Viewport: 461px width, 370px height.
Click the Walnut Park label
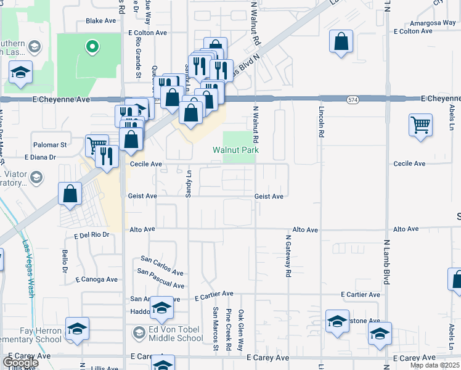[235, 150]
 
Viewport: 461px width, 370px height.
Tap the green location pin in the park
[92, 45]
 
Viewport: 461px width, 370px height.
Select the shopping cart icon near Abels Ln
[420, 125]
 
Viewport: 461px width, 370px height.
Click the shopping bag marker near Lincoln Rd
[341, 42]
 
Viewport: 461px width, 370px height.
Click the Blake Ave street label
[101, 20]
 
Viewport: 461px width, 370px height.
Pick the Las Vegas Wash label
[27, 268]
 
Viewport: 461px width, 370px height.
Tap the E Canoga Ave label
[96, 279]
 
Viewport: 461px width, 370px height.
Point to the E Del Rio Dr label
[92, 235]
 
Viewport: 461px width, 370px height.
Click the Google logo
[20, 363]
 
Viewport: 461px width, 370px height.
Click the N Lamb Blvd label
[387, 262]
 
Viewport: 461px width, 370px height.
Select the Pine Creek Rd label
[228, 338]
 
